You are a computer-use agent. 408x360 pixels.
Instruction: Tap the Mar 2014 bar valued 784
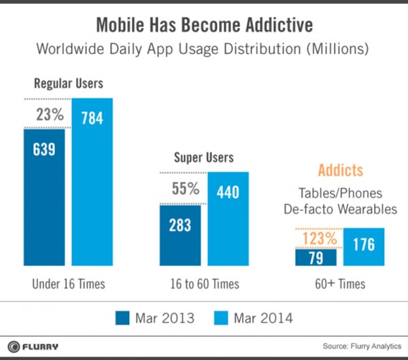click(92, 183)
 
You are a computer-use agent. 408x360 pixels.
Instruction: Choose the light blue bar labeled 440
click(228, 217)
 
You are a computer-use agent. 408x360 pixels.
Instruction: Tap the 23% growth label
click(48, 116)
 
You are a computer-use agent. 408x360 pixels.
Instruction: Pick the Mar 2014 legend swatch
click(221, 317)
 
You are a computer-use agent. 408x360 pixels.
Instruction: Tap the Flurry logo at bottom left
click(34, 346)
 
